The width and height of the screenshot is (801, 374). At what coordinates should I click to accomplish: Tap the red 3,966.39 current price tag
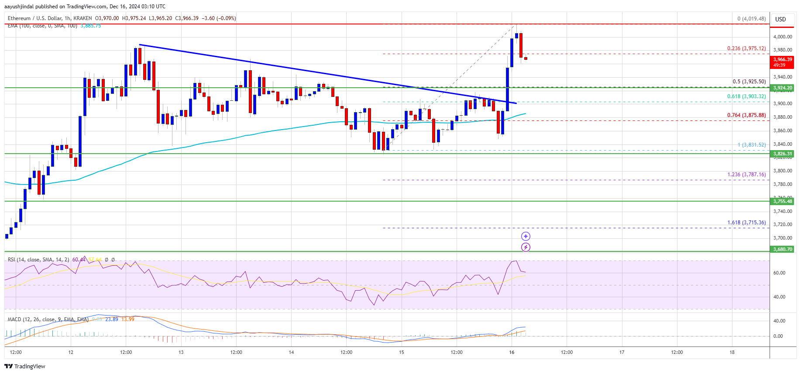pyautogui.click(x=782, y=62)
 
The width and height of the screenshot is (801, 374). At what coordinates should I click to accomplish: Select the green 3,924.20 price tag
pyautogui.click(x=782, y=88)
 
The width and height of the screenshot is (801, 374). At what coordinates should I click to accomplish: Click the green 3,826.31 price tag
pyautogui.click(x=782, y=154)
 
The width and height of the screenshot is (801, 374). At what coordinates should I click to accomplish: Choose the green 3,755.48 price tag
pyautogui.click(x=782, y=201)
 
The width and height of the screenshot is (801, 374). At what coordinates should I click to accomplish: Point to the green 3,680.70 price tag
pyautogui.click(x=782, y=249)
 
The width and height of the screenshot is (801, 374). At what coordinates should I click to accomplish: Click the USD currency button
pyautogui.click(x=780, y=19)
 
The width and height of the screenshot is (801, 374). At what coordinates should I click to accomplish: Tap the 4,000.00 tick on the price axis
pyautogui.click(x=782, y=37)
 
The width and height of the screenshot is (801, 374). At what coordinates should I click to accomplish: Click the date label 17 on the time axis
pyautogui.click(x=622, y=352)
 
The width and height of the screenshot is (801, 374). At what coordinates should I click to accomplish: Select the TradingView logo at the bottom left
pyautogui.click(x=25, y=366)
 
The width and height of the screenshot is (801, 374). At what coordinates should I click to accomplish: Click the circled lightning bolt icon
pyautogui.click(x=526, y=247)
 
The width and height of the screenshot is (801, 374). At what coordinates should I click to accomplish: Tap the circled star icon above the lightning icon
pyautogui.click(x=526, y=236)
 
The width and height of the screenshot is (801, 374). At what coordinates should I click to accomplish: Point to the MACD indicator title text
pyautogui.click(x=48, y=319)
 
